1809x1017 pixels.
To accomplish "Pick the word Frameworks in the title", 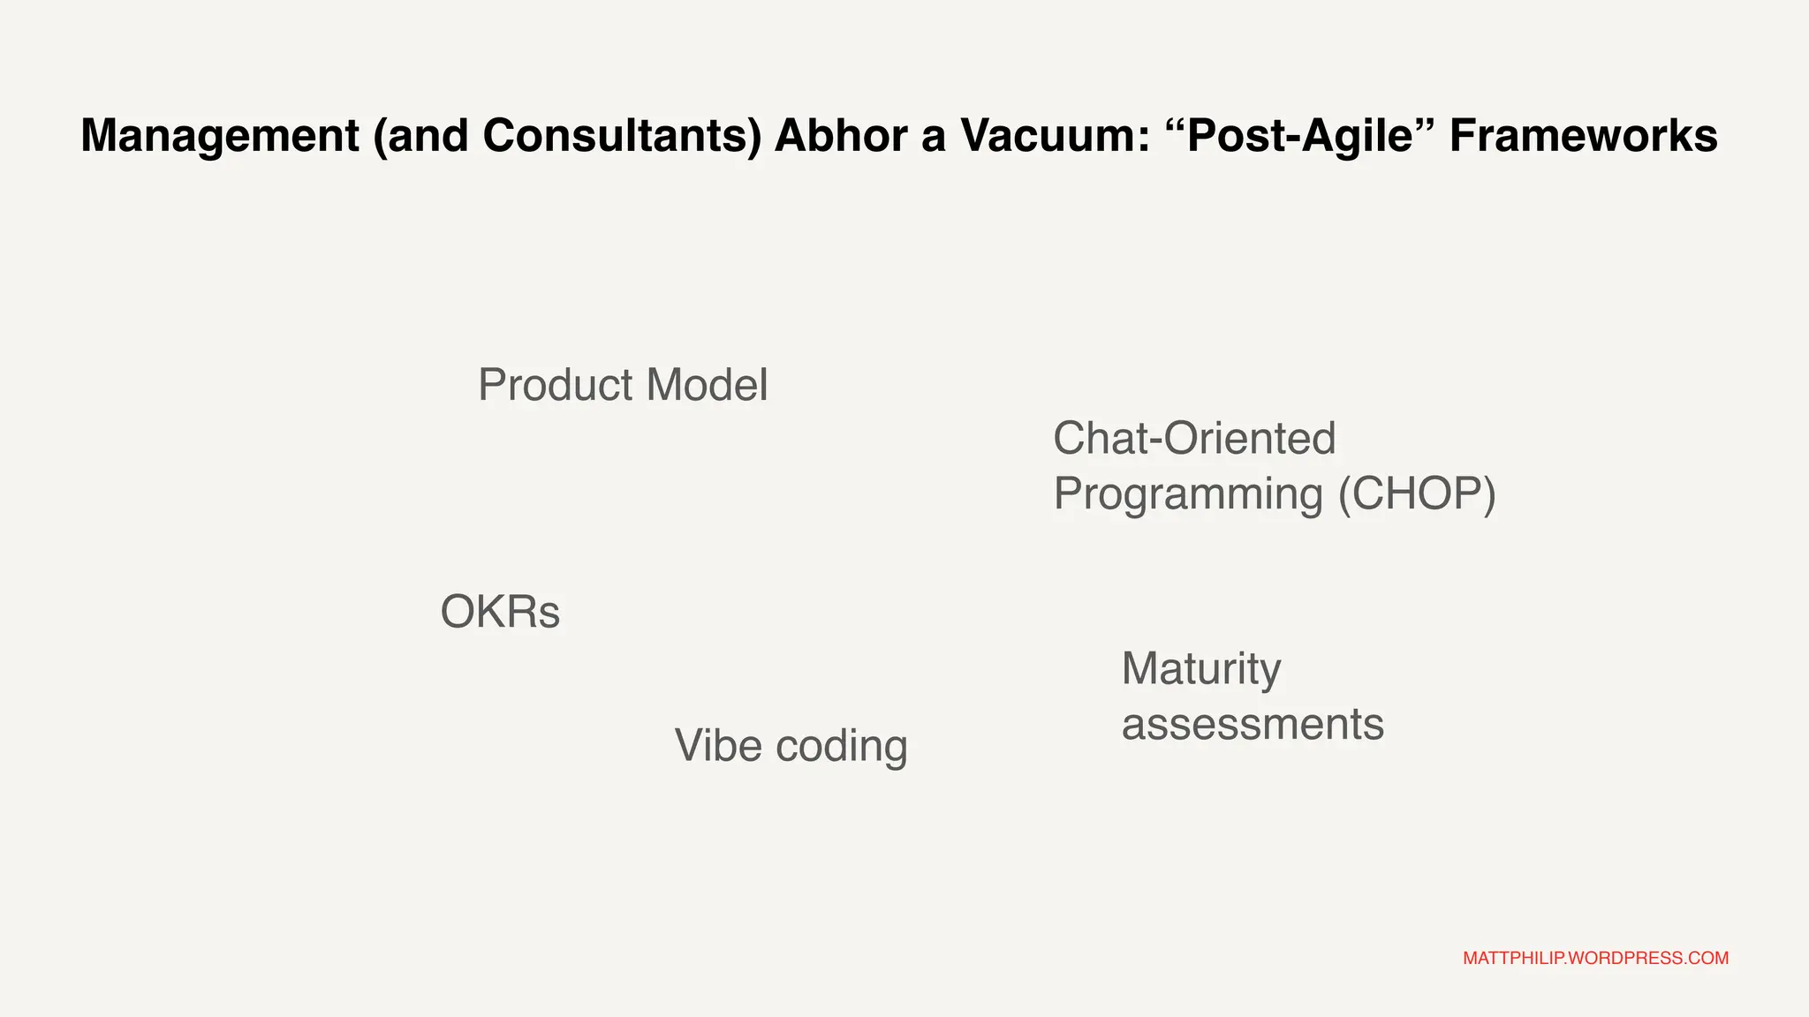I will [x=1583, y=137].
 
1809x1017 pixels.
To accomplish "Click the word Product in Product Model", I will [x=556, y=386].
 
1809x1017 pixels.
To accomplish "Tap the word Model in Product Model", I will [x=707, y=386].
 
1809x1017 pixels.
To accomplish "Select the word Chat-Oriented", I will [x=1194, y=439].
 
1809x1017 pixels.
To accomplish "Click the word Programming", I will [x=1188, y=494].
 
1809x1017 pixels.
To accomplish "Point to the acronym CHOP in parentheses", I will [x=1417, y=493].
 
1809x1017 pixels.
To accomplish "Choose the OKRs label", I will [x=500, y=612].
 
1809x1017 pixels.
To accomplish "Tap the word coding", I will [x=842, y=747].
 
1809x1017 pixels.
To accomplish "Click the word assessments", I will [x=1252, y=725].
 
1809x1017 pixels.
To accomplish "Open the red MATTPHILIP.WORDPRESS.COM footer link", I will [x=1595, y=959].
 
